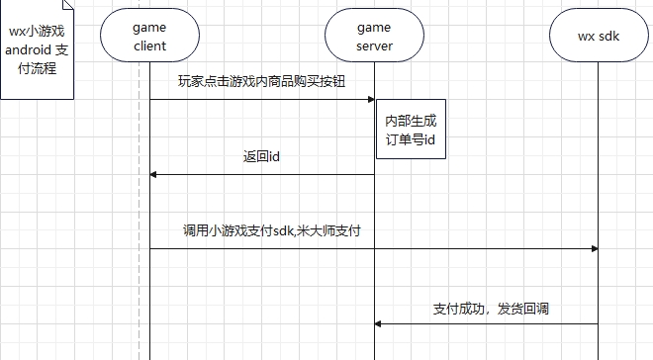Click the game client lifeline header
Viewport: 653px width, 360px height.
(x=149, y=37)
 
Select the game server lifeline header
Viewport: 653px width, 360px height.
(x=373, y=37)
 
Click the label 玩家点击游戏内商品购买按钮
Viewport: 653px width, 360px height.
(x=262, y=81)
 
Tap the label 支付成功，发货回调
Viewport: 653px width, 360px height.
(x=491, y=309)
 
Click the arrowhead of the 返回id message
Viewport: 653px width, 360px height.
(x=153, y=174)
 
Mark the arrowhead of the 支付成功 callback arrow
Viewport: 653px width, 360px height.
(x=378, y=323)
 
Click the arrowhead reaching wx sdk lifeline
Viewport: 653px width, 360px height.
(x=594, y=248)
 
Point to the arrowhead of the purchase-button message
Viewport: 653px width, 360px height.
(x=370, y=99)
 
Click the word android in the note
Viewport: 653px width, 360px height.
(x=29, y=50)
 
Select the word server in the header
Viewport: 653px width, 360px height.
(x=373, y=45)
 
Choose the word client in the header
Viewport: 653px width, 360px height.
(x=149, y=45)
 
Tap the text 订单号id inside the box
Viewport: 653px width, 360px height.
(x=411, y=140)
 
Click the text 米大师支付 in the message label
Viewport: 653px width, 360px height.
(x=338, y=230)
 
